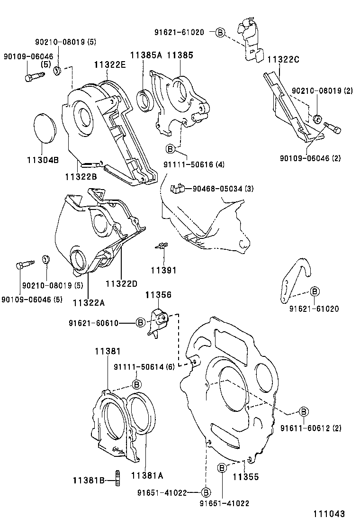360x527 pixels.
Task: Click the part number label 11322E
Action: coord(110,64)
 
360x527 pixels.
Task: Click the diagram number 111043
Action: coord(328,514)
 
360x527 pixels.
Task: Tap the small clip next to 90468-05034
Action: coord(176,189)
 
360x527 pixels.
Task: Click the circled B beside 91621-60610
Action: coord(140,323)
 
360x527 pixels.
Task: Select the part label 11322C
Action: coord(284,60)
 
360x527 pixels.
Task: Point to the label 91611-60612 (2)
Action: coord(310,428)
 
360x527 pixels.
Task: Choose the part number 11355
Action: coord(245,477)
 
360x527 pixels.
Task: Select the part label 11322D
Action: coord(121,283)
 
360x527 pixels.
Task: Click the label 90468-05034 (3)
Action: coord(223,189)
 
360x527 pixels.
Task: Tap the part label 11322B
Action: coord(81,176)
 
